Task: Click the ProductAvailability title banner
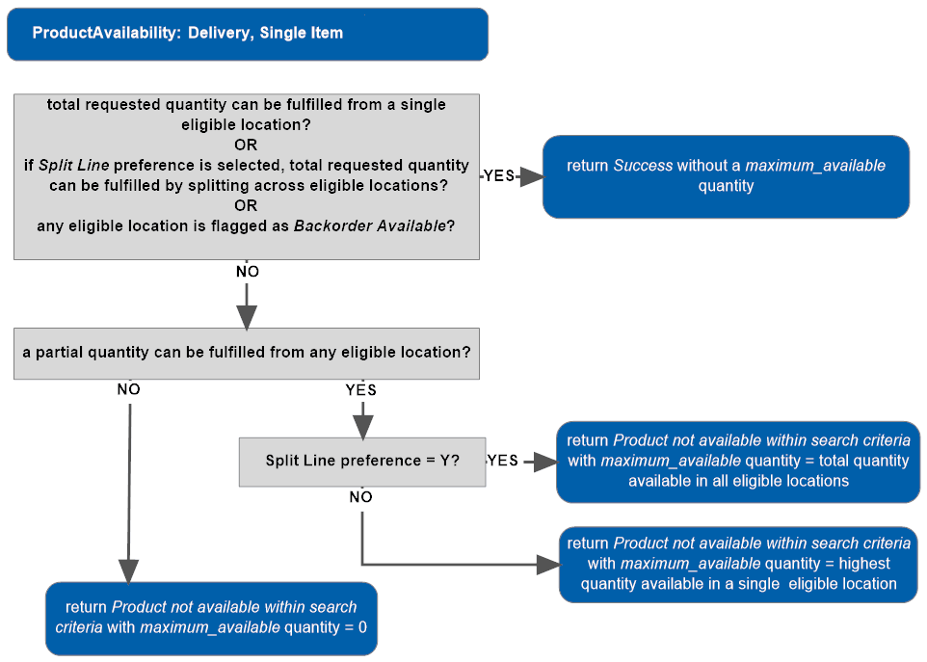(247, 34)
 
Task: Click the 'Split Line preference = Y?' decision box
(362, 462)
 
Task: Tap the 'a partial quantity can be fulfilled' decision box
(247, 353)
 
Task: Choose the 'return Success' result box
(726, 176)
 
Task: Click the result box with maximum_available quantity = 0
(211, 618)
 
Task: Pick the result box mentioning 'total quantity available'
(738, 462)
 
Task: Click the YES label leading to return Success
(499, 175)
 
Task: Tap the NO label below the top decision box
(248, 272)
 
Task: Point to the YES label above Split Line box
(361, 390)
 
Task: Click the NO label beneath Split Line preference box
(361, 497)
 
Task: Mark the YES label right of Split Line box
(503, 461)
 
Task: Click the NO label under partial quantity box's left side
(128, 390)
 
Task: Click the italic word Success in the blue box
(643, 166)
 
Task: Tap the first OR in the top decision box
(247, 145)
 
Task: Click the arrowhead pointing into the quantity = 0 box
(128, 571)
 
